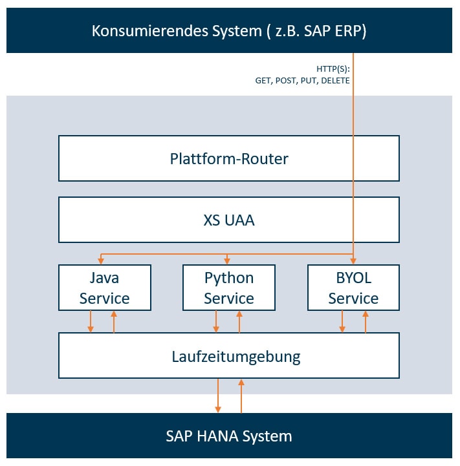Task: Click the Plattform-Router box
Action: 228,158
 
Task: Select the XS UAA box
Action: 228,220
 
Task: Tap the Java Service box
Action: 104,288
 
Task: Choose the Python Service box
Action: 228,288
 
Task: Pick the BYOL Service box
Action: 353,288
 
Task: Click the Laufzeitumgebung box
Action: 228,355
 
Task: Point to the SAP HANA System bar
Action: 228,436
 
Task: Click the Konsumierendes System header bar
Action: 228,30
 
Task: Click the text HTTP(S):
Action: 333,69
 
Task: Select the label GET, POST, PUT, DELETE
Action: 302,81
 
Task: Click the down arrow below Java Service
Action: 91,321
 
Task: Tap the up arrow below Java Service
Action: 114,321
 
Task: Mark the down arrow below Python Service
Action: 216,321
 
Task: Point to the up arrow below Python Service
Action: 239,321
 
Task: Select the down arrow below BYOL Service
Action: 342,321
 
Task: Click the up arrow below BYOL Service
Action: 366,321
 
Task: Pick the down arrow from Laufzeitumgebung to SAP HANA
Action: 218,396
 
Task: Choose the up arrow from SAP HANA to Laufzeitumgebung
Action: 241,396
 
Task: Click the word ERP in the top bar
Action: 347,31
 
